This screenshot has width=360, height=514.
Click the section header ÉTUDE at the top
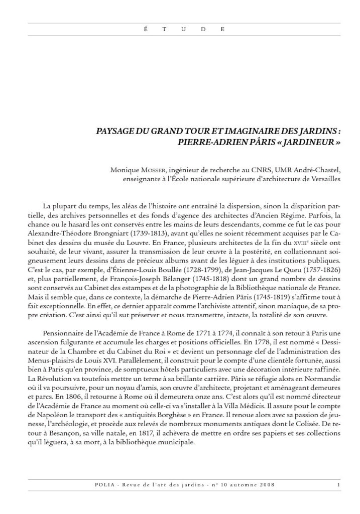[x=180, y=29]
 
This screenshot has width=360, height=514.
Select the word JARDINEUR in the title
[x=310, y=141]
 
